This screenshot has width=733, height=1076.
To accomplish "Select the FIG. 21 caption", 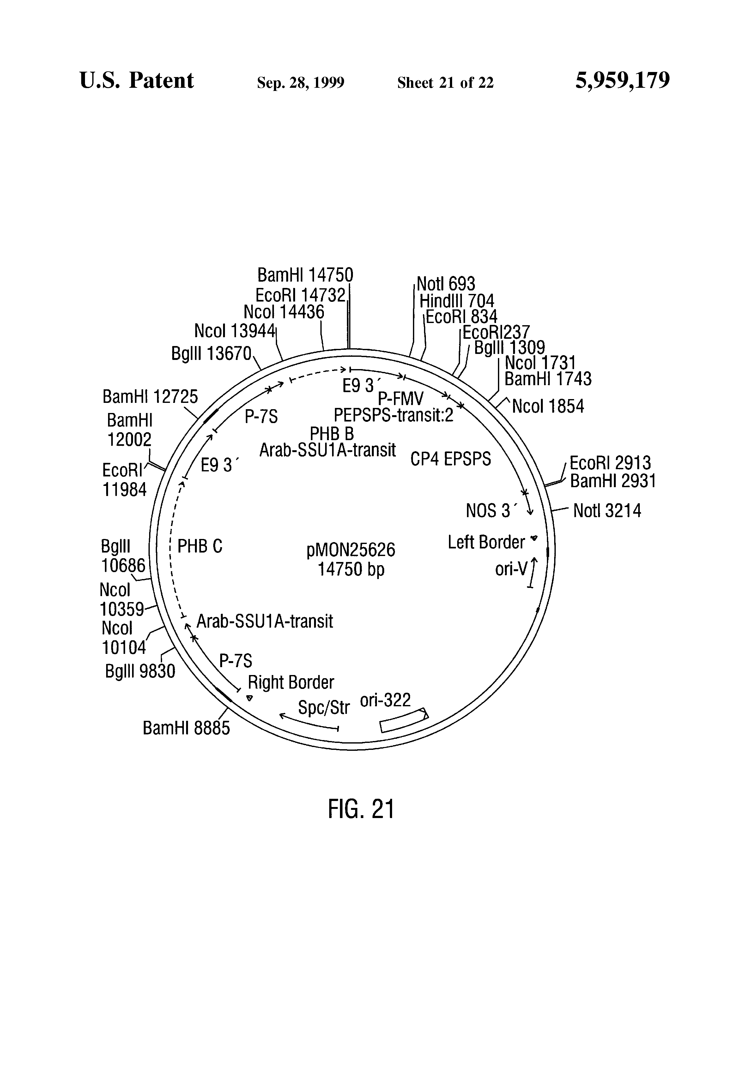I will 360,809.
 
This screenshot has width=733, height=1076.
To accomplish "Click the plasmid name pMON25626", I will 351,550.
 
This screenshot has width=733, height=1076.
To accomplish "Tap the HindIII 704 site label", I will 457,301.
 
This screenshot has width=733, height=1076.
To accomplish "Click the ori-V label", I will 511,569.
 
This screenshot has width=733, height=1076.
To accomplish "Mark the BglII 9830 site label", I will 140,671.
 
